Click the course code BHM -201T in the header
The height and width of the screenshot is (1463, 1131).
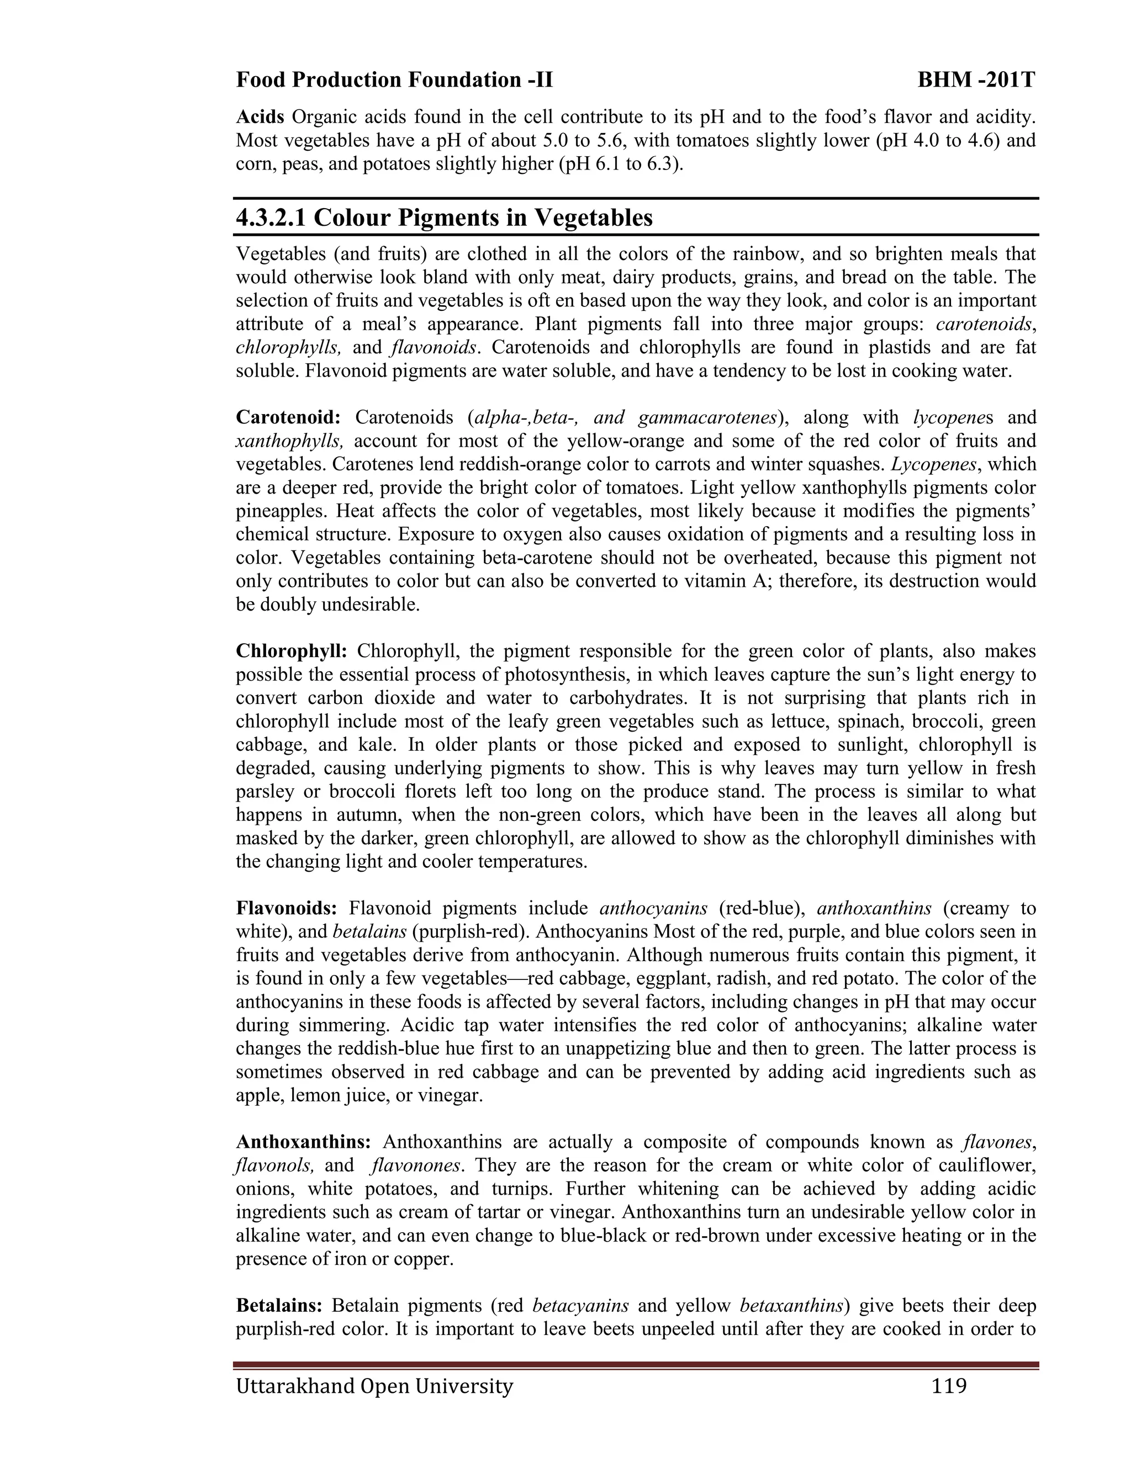[x=976, y=81]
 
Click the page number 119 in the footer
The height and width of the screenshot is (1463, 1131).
[x=949, y=1385]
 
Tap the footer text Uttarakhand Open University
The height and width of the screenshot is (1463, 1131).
[x=374, y=1385]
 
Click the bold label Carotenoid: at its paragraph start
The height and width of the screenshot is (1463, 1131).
[x=288, y=418]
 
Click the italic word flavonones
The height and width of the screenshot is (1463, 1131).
[x=415, y=1165]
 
